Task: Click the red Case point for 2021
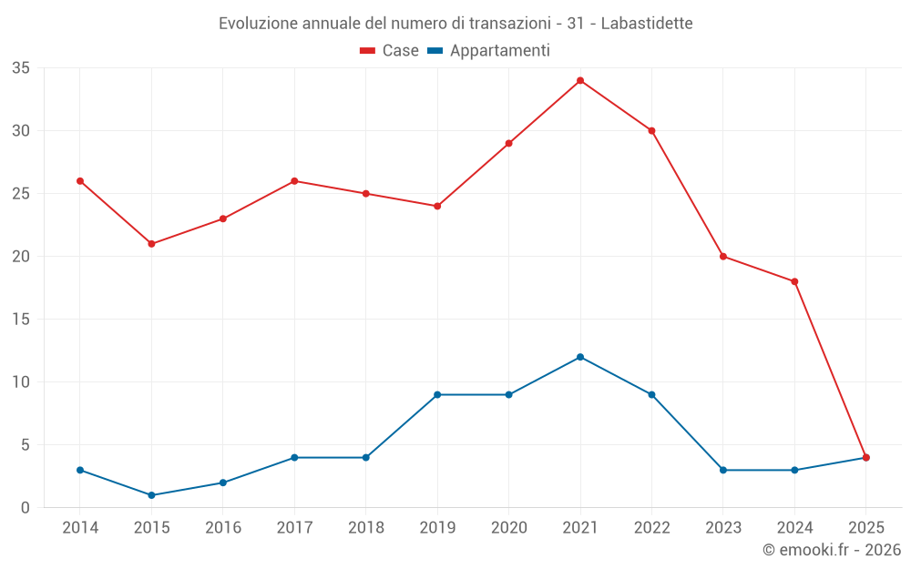click(x=580, y=80)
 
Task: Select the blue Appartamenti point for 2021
click(x=580, y=357)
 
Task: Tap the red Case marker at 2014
click(x=80, y=181)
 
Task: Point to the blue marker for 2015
click(x=151, y=495)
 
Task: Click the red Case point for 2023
click(x=723, y=256)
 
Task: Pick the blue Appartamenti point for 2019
click(x=437, y=394)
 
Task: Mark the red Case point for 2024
click(x=794, y=281)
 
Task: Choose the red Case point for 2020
click(x=508, y=143)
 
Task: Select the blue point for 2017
click(x=294, y=457)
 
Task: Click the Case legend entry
click(x=390, y=51)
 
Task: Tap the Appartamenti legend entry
click(x=489, y=51)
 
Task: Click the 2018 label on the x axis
click(x=365, y=528)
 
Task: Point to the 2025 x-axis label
click(x=865, y=528)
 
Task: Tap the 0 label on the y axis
click(x=26, y=508)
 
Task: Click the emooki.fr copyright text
click(x=831, y=550)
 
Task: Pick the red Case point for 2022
click(x=651, y=130)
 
